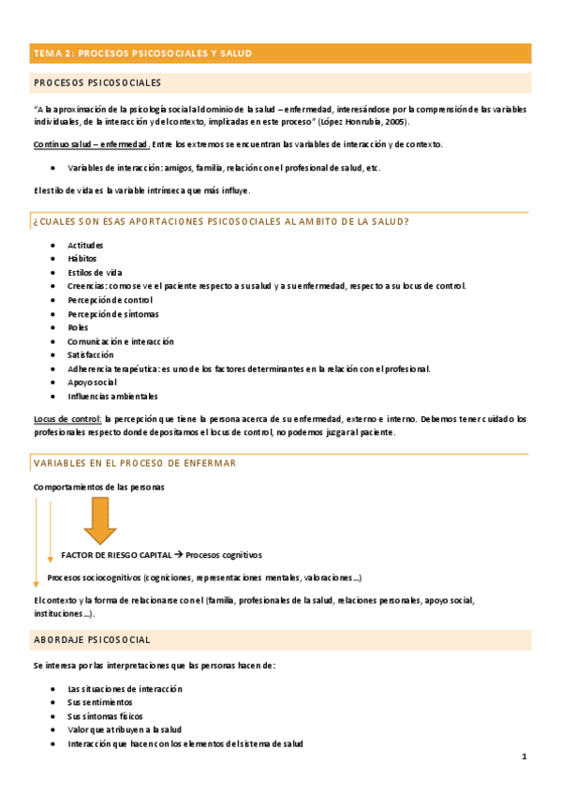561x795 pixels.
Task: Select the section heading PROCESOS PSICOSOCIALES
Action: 97,83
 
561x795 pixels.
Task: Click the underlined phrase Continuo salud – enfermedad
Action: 91,144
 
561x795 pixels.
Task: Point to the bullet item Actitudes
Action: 85,245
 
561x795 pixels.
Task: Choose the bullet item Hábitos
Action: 81,258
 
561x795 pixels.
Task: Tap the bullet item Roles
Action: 78,327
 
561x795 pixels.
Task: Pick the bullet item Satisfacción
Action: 91,355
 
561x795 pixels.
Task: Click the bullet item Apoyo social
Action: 92,382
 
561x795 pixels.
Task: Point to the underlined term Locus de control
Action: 66,419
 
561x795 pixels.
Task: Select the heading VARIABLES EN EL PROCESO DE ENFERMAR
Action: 135,463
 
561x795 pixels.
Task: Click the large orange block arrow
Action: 100,520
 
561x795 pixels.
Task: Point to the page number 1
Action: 524,756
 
